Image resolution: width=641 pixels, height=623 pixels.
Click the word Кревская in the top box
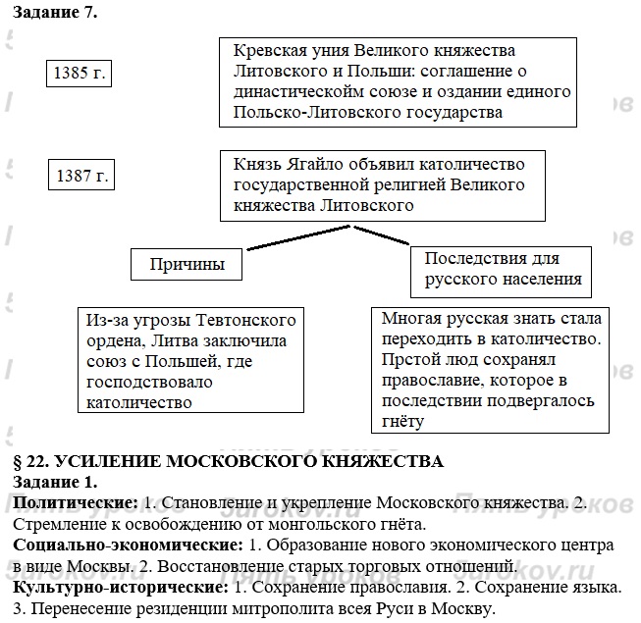click(x=270, y=51)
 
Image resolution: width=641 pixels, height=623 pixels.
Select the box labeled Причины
click(x=187, y=264)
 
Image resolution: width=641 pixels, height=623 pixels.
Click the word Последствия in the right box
click(x=469, y=259)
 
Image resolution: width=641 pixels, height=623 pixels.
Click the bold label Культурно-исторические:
click(x=116, y=587)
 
